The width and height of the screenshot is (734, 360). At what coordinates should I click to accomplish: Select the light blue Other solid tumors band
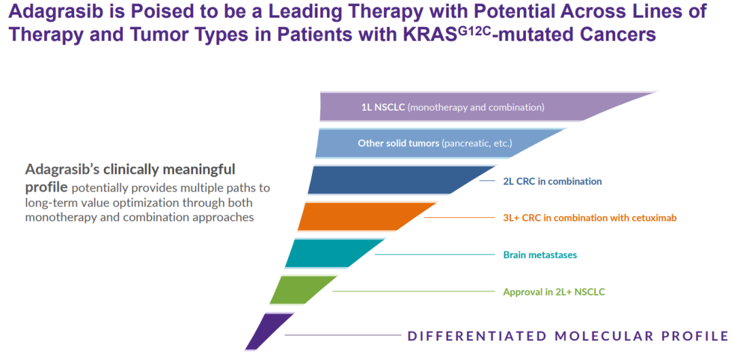tap(435, 143)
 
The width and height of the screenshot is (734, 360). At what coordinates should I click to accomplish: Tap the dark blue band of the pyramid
tap(394, 180)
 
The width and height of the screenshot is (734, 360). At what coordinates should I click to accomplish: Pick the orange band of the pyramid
tap(360, 217)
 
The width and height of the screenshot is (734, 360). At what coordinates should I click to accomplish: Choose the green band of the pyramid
tap(299, 290)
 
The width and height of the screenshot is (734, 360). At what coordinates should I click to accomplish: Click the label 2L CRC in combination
tap(552, 181)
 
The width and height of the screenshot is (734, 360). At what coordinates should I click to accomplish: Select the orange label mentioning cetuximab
tap(589, 218)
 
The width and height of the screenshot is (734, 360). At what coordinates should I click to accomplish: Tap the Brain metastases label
tap(540, 255)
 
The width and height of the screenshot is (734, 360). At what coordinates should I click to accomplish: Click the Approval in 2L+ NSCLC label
tap(553, 292)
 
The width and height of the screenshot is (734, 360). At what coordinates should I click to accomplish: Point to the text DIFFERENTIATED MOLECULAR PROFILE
tap(567, 336)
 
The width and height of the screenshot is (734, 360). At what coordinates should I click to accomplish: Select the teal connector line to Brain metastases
tap(435, 255)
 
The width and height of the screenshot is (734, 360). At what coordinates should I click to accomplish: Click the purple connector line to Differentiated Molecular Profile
tap(343, 335)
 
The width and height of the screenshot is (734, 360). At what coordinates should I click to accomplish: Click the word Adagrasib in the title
tap(53, 12)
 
